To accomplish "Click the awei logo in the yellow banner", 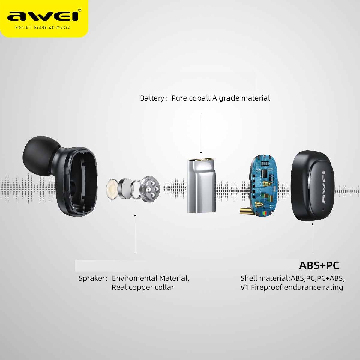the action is click(x=43, y=16).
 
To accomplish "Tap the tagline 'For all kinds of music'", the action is click(x=43, y=28).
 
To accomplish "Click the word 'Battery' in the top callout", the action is click(x=152, y=98).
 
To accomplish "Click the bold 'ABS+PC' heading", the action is click(x=319, y=265).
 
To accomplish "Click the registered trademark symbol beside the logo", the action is click(x=79, y=10).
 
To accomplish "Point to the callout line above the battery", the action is click(x=201, y=134).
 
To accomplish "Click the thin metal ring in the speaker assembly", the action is click(x=136, y=189).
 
